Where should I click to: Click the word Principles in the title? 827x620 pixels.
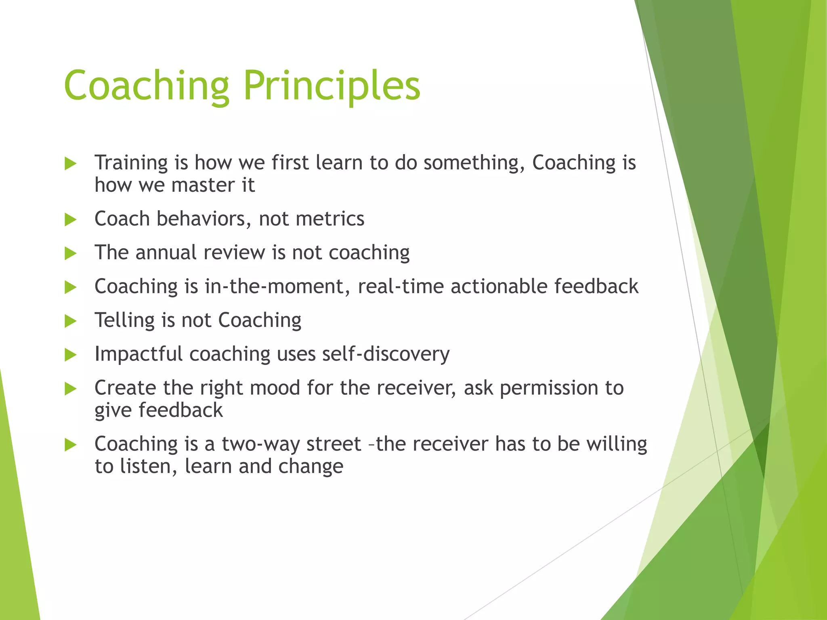[332, 86]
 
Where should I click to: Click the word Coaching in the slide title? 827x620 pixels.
[147, 86]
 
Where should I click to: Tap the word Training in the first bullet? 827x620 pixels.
[131, 163]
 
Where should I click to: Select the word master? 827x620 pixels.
[202, 185]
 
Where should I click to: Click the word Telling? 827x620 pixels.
[124, 320]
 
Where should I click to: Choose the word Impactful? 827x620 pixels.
[138, 354]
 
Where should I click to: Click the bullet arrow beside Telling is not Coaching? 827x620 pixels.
[70, 321]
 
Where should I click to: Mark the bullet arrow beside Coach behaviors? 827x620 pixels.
[70, 220]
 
